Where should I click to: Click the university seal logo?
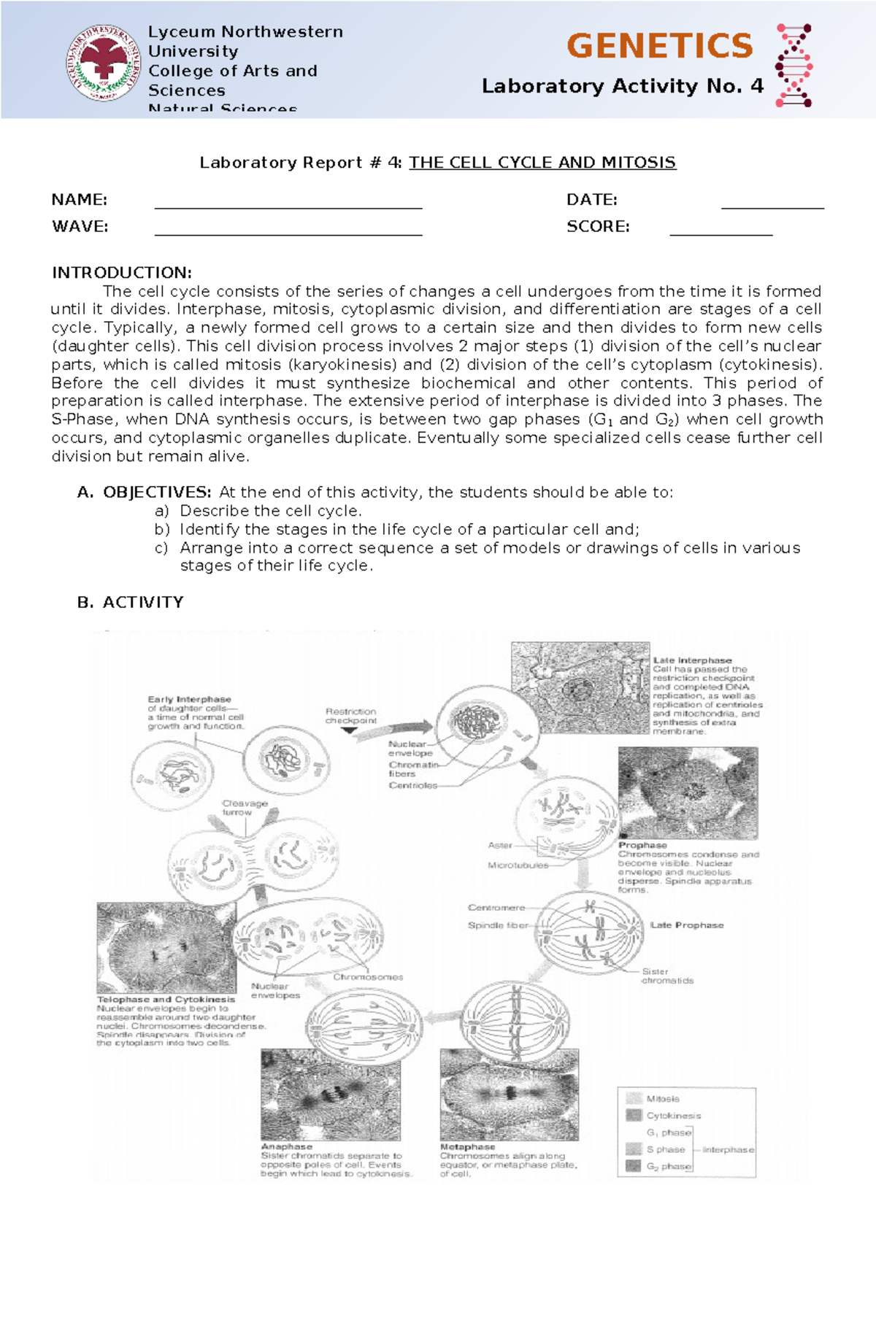click(104, 63)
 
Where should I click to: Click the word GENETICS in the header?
click(659, 46)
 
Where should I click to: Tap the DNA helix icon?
click(794, 65)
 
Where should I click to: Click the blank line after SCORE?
click(721, 229)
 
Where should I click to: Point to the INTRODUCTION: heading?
click(121, 273)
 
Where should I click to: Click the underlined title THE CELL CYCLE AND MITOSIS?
click(542, 163)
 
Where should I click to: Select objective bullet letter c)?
click(161, 548)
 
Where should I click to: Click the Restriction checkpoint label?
click(351, 716)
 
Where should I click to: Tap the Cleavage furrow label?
click(245, 807)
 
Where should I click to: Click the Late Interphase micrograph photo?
click(580, 687)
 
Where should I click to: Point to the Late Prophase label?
click(686, 925)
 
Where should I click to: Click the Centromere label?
click(496, 908)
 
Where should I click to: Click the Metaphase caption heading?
click(467, 1147)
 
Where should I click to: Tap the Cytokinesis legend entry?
click(672, 1116)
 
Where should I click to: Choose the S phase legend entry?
click(665, 1149)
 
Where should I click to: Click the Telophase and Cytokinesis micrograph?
click(166, 947)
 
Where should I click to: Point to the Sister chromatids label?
click(666, 976)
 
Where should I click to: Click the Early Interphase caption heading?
click(189, 699)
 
